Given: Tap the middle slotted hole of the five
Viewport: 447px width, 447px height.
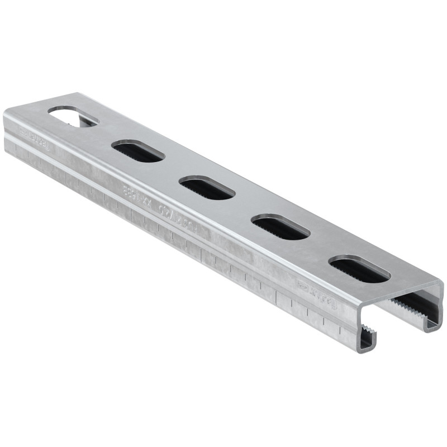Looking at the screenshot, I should point(207,188).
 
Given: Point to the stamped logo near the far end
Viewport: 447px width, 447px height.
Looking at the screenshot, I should point(35,135).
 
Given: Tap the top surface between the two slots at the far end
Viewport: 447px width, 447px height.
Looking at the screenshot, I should point(106,135).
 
